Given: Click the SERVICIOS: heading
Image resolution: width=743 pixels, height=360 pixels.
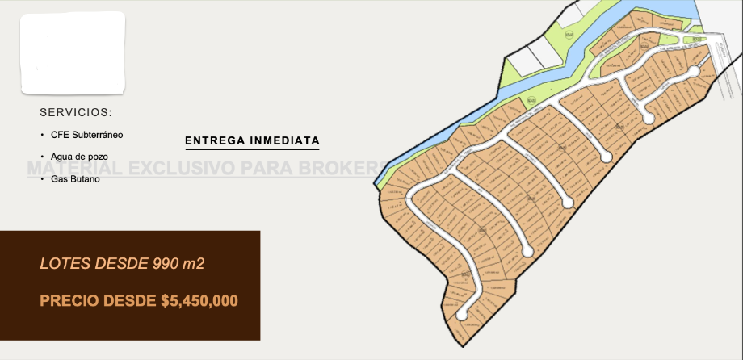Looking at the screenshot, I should click(76, 112).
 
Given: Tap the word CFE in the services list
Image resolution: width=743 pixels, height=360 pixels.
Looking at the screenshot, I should click(59, 135).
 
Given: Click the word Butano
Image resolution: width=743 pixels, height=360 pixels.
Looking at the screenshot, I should click(84, 178).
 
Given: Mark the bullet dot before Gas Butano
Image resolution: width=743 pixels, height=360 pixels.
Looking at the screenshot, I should click(41, 178).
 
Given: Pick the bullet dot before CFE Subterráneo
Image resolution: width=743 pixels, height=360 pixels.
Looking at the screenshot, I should click(41, 135).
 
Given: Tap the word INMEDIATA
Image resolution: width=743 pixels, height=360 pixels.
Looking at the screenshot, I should click(285, 141).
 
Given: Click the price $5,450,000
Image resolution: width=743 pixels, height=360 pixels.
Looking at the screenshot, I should click(199, 301).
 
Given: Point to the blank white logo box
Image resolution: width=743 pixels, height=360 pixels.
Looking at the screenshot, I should click(73, 52).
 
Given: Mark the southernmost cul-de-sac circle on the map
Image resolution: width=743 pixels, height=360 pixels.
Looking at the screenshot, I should click(463, 314).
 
